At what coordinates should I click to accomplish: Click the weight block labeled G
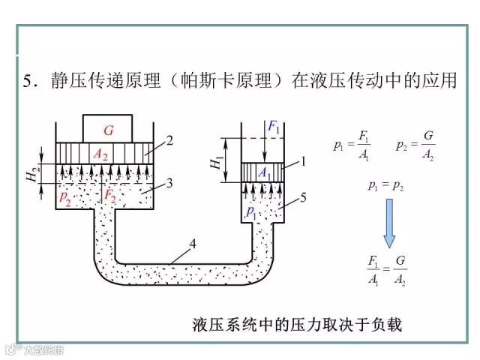point(108,130)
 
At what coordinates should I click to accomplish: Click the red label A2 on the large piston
point(100,154)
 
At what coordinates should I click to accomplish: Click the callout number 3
point(170,182)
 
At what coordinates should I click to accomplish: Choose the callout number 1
point(304,160)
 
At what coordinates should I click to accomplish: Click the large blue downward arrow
point(388,224)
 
